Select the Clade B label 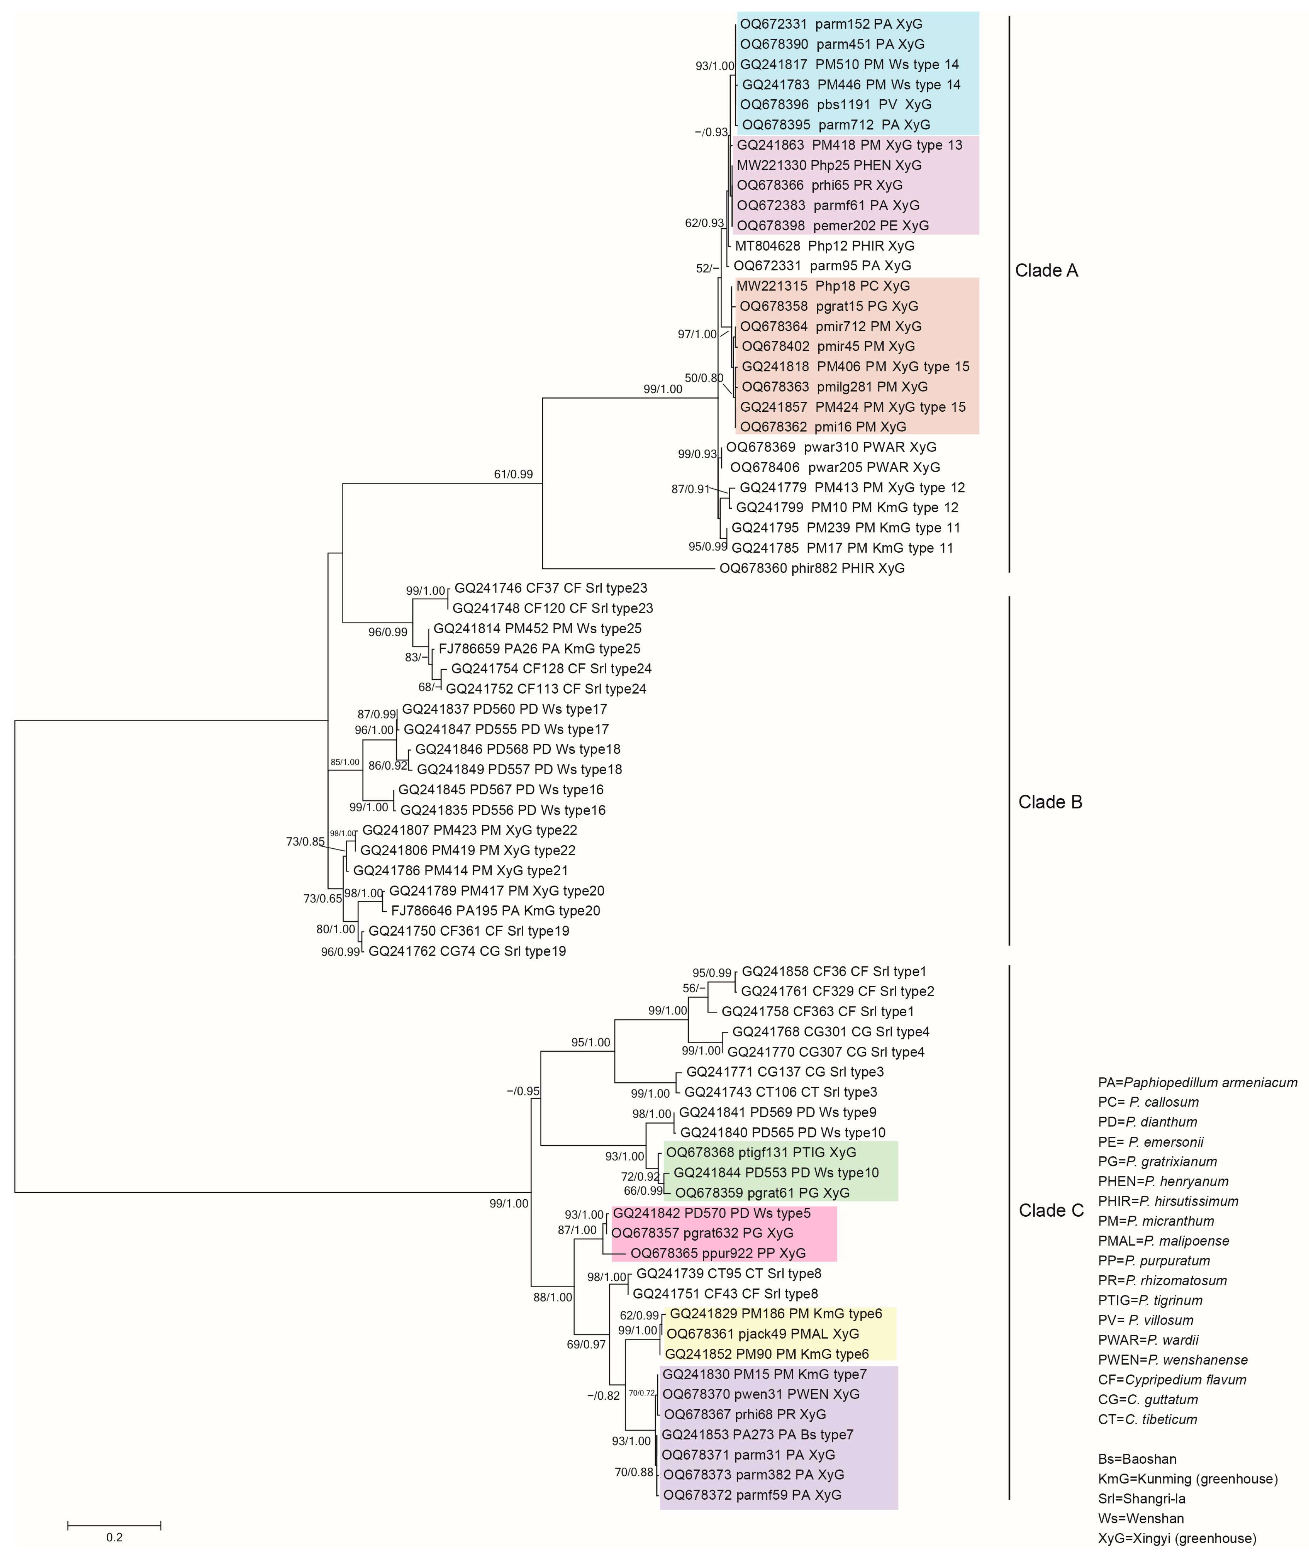(1050, 802)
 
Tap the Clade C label (1051, 1211)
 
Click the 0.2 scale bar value (114, 1537)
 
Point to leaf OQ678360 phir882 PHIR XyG (812, 568)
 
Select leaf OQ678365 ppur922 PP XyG (718, 1253)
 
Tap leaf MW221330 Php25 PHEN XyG (829, 165)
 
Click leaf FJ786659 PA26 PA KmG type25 (539, 648)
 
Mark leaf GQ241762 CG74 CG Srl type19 (467, 951)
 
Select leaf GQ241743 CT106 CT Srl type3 (781, 1092)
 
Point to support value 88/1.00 (553, 1298)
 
